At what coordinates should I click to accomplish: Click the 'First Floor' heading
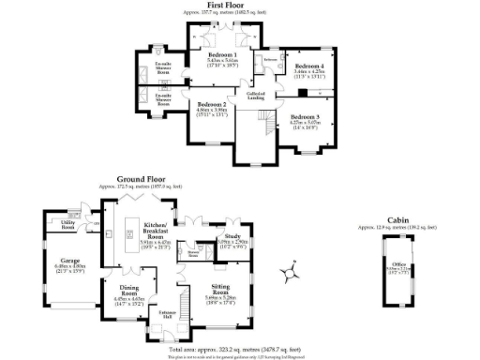pyautogui.click(x=239, y=5)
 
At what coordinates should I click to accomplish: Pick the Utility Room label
pyautogui.click(x=67, y=225)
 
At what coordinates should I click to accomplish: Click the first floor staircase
pyautogui.click(x=269, y=122)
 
